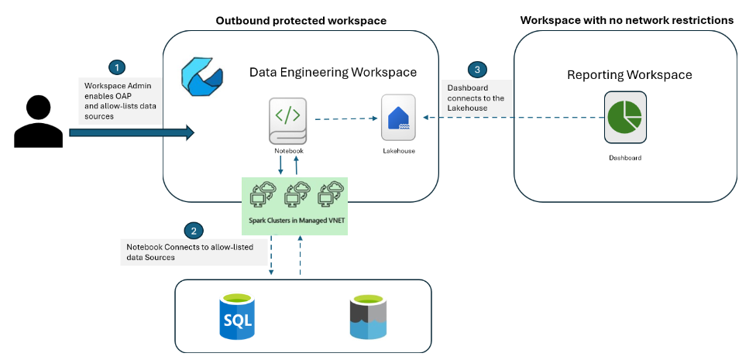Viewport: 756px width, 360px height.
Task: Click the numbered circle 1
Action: (x=115, y=67)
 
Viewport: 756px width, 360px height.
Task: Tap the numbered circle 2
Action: (x=194, y=230)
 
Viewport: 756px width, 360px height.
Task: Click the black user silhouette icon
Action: (x=36, y=121)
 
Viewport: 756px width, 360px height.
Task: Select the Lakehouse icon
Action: (x=398, y=117)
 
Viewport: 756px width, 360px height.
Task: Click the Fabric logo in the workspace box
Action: (x=201, y=74)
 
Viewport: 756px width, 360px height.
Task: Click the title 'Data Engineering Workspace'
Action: (x=332, y=72)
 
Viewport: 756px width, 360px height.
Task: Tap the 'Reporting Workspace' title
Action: (x=629, y=75)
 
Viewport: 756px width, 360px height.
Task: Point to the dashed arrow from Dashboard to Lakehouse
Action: (x=511, y=118)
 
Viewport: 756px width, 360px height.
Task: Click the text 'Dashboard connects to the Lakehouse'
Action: (x=475, y=98)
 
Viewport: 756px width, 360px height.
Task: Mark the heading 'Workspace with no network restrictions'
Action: (x=627, y=20)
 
